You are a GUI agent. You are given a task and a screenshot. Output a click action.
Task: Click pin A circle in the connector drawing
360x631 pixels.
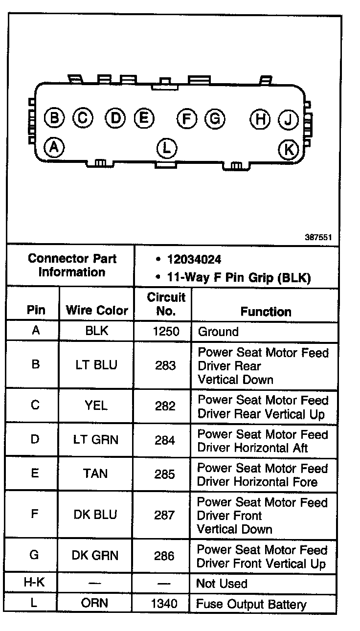click(54, 146)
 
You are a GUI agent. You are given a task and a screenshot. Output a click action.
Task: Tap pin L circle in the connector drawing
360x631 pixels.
click(167, 147)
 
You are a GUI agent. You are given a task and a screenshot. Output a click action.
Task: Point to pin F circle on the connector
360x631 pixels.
click(186, 118)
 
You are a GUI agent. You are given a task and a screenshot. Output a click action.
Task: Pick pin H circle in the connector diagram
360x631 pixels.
click(260, 119)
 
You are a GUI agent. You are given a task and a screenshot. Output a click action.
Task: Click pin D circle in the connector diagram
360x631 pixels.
click(115, 117)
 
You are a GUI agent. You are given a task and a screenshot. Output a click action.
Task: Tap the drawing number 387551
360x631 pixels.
click(318, 238)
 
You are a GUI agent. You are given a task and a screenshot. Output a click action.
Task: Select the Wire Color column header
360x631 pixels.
click(97, 310)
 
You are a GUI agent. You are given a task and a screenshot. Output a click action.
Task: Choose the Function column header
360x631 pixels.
click(266, 312)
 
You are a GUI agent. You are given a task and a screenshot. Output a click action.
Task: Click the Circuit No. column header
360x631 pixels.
click(166, 303)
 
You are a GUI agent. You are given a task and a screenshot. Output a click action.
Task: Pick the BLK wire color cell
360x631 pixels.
click(96, 331)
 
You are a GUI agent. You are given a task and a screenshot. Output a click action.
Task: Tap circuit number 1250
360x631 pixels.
click(166, 332)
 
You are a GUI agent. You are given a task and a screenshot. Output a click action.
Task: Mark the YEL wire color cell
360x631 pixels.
click(96, 406)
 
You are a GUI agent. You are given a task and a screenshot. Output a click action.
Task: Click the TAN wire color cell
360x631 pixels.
click(96, 473)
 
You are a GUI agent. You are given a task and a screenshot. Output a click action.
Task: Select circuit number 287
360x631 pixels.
click(164, 515)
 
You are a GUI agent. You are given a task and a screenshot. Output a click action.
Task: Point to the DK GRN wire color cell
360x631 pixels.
click(95, 555)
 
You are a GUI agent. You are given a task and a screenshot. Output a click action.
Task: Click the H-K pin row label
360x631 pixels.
click(34, 583)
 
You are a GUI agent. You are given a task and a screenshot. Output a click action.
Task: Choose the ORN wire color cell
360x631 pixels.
click(95, 603)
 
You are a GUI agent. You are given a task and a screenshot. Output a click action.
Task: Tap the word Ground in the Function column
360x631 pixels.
click(218, 332)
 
